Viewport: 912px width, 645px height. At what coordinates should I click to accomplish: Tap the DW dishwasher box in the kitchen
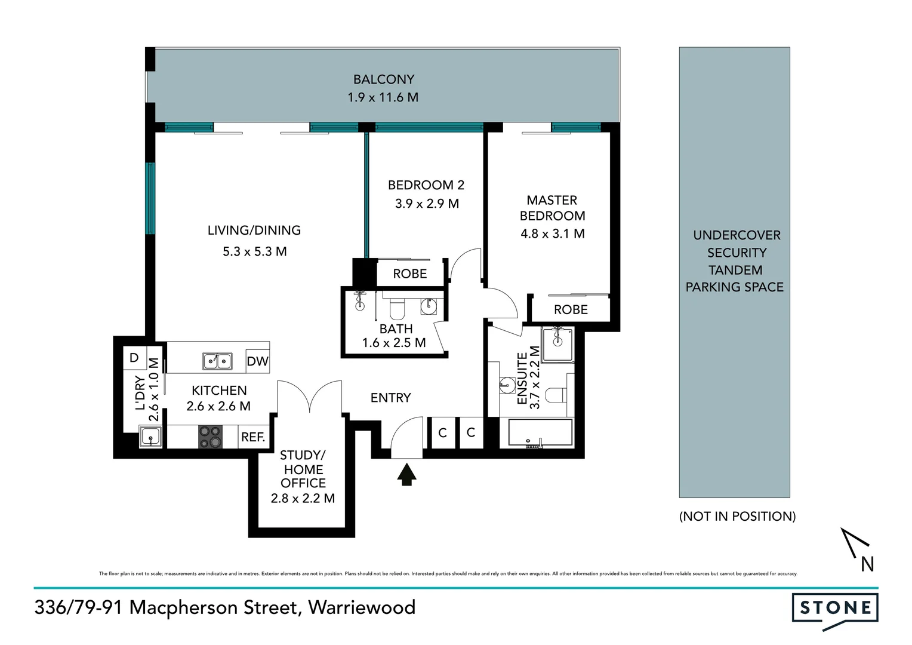pos(257,361)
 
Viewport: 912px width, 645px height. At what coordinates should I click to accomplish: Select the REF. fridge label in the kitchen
pos(253,437)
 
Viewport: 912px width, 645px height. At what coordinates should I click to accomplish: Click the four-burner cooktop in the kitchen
pos(209,437)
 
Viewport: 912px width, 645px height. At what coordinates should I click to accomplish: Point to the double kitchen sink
pos(217,361)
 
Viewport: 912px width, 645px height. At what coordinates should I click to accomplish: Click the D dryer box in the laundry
pos(134,358)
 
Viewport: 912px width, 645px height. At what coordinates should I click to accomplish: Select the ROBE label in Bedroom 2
pos(410,274)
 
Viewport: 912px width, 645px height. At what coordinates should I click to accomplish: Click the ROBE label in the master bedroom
pos(571,309)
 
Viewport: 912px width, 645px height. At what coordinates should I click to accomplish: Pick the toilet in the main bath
pos(397,308)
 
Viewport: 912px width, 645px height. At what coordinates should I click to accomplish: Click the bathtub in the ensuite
pos(540,433)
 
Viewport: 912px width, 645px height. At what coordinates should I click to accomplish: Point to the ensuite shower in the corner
pos(558,344)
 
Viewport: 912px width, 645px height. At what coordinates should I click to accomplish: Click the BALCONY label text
pos(383,79)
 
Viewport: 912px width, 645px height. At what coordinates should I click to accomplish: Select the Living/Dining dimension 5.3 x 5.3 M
pos(255,251)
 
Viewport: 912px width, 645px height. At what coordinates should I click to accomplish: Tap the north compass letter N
pos(867,564)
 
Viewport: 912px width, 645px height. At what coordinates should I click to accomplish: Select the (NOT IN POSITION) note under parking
pos(737,516)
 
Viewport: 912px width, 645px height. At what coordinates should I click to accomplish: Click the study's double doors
pos(309,397)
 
